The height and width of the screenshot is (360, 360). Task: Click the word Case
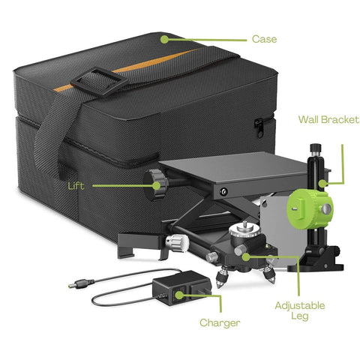pyautogui.click(x=265, y=38)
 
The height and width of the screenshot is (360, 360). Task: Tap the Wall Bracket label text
pyautogui.click(x=328, y=119)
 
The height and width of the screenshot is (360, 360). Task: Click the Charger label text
pyautogui.click(x=220, y=323)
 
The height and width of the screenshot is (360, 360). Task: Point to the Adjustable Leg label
pyautogui.click(x=301, y=312)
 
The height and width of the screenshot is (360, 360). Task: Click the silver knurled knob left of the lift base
pyautogui.click(x=175, y=241)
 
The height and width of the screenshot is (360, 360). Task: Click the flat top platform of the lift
pyautogui.click(x=214, y=172)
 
